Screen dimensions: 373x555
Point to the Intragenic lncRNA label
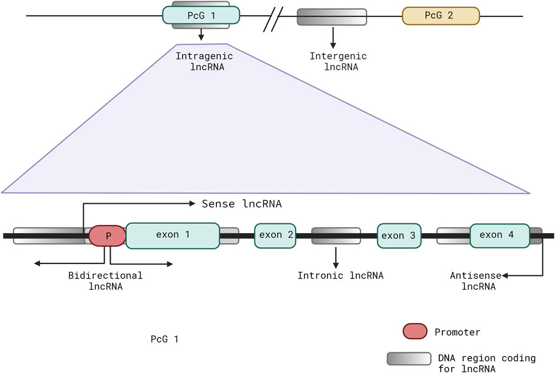200,61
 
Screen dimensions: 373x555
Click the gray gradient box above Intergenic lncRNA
332,17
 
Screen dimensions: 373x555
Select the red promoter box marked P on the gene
107,235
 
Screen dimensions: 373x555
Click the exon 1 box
173,235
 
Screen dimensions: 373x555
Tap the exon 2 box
276,235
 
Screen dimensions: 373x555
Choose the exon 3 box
400,235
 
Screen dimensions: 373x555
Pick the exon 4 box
500,235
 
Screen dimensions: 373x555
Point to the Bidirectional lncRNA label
105,281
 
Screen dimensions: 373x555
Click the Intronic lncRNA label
340,276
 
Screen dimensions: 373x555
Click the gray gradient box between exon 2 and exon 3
336,235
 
